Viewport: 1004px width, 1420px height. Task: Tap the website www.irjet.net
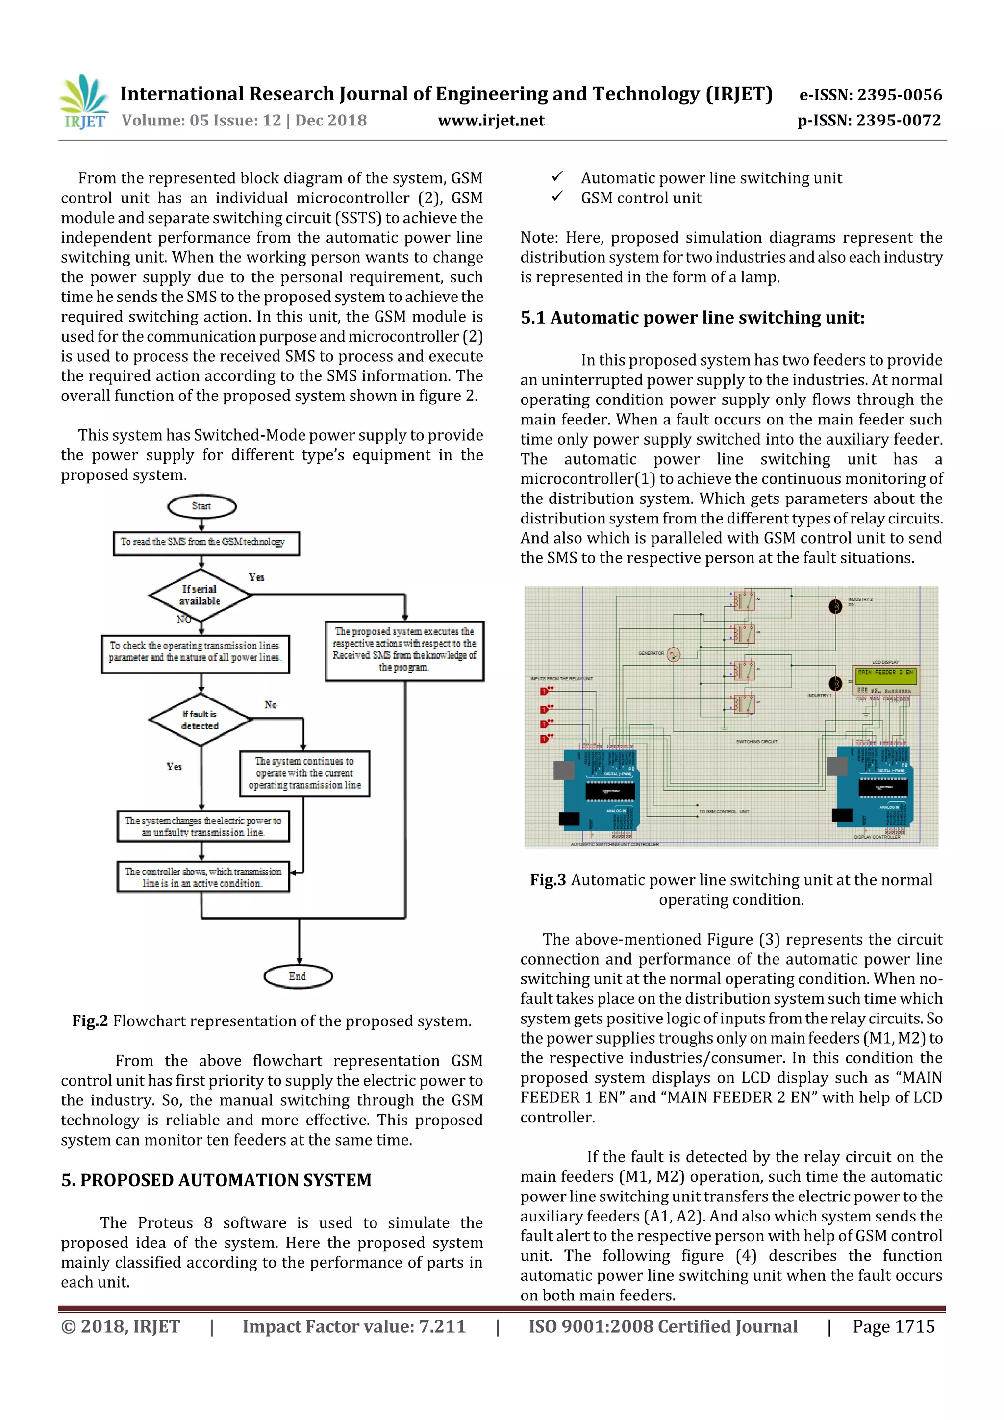491,121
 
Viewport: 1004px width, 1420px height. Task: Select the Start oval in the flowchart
201,506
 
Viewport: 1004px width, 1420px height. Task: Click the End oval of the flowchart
298,976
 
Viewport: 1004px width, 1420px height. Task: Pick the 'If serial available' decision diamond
200,595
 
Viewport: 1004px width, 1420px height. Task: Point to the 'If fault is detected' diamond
200,719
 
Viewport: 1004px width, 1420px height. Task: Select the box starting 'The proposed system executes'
404,650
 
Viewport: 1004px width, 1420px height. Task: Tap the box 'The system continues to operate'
304,773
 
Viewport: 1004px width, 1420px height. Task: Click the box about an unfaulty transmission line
203,826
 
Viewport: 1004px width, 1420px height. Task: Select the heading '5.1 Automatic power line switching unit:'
692,318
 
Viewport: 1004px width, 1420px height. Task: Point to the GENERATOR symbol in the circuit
674,654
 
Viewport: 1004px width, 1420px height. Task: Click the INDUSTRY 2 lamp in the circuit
835,607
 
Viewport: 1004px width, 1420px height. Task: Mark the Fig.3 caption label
548,880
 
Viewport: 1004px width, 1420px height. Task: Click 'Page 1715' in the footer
893,1326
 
